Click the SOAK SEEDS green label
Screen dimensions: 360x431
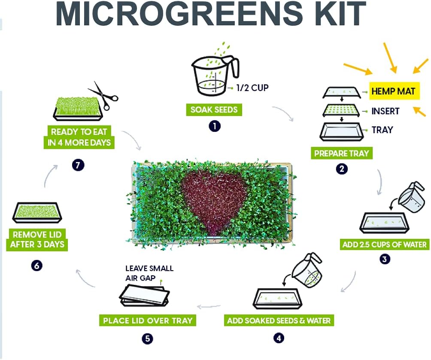214,110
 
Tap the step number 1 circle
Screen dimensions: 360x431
214,126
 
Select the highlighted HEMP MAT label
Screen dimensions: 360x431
394,92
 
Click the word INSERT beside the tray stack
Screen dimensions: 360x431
385,111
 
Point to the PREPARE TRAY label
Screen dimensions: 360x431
341,153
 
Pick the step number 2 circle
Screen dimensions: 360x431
342,169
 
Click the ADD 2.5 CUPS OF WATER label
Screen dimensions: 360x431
384,245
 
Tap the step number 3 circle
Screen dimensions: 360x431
385,259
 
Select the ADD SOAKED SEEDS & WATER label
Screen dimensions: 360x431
279,320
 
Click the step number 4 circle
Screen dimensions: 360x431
279,338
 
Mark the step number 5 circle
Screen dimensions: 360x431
147,339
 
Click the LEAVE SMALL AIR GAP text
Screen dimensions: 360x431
149,273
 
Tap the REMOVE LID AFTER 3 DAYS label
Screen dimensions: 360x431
38,240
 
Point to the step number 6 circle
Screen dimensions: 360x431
37,265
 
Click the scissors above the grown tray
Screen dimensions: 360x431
103,94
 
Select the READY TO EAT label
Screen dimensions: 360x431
79,137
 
